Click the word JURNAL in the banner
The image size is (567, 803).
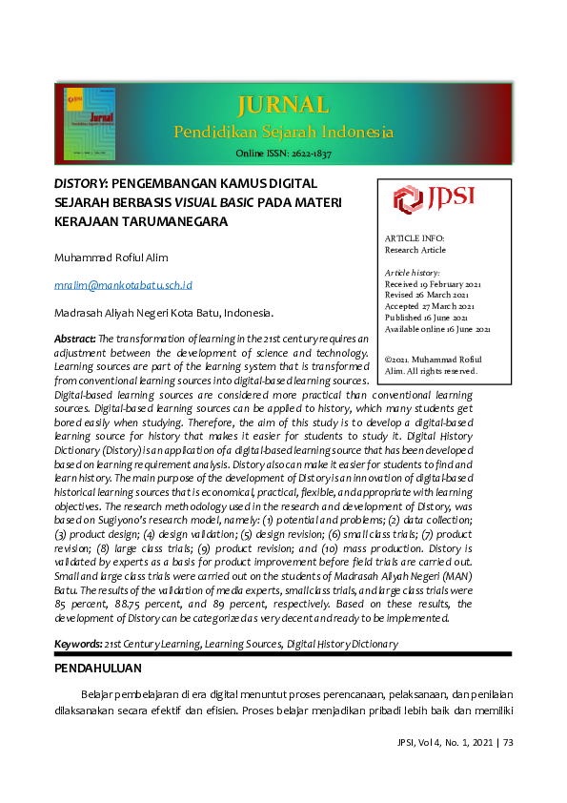283,105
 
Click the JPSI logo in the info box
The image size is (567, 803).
434,199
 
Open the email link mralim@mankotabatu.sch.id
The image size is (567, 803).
123,284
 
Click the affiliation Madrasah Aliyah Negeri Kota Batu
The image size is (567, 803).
163,313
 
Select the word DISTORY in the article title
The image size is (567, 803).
81,182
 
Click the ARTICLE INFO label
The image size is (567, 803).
414,238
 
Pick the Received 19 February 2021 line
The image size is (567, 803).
433,284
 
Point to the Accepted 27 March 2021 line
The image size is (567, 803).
429,306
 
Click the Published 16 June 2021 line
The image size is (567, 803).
427,318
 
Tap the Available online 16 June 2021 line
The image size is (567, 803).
437,329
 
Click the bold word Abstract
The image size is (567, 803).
74,339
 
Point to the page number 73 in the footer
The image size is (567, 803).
507,742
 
